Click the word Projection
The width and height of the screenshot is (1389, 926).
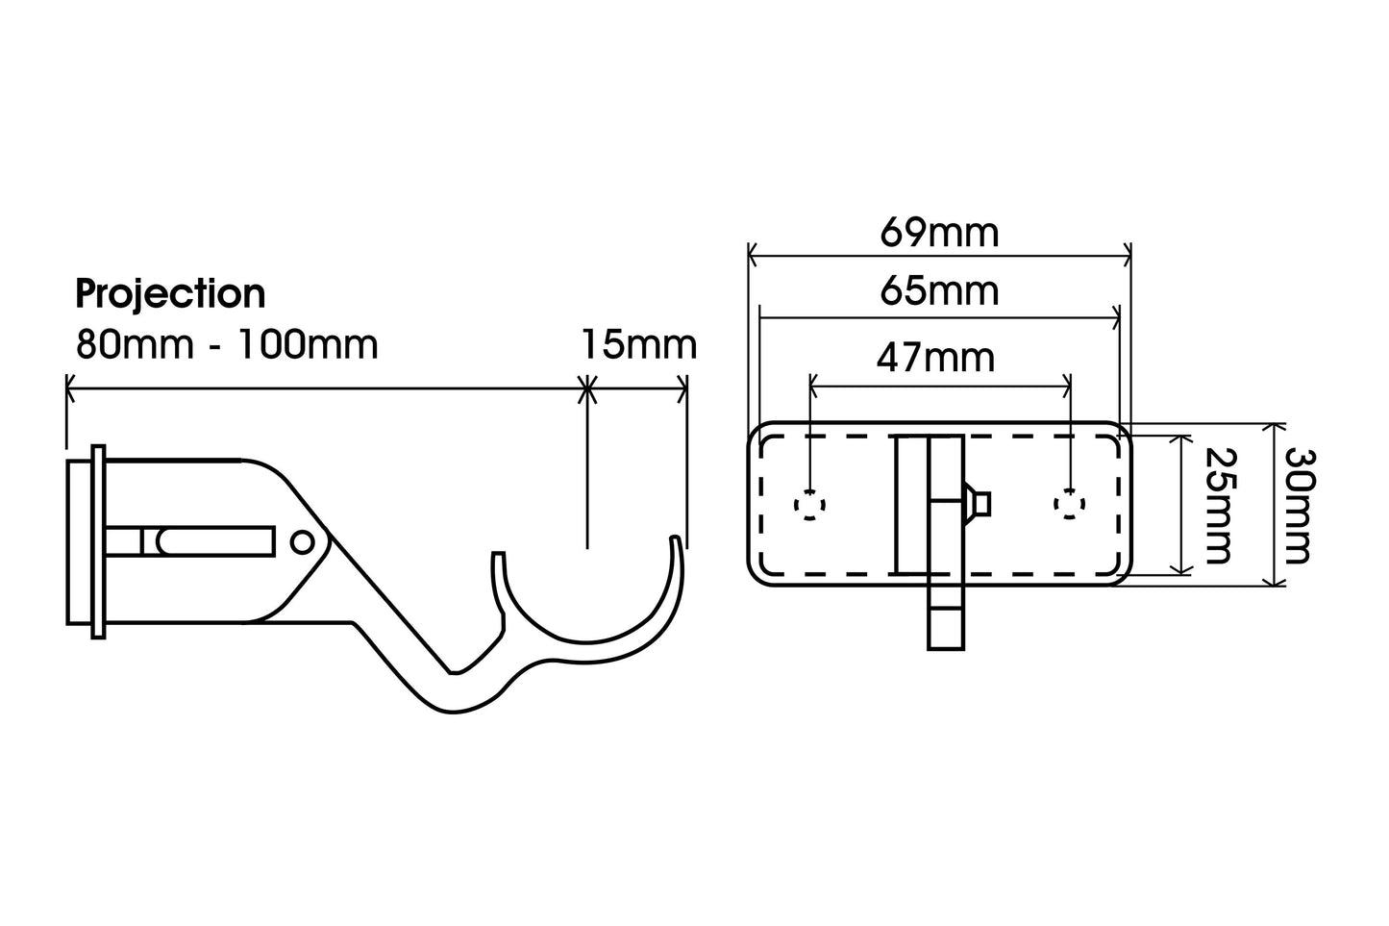click(170, 294)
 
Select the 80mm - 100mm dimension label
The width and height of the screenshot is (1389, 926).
click(227, 344)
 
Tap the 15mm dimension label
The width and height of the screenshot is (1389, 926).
click(638, 344)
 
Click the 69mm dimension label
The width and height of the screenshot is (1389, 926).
click(939, 233)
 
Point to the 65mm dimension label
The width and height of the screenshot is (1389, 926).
click(939, 290)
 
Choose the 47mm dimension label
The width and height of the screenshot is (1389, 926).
click(935, 358)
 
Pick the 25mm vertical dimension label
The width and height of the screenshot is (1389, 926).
click(1217, 504)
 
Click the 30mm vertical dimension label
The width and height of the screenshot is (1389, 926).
click(1298, 504)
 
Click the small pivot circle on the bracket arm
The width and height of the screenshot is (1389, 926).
click(302, 541)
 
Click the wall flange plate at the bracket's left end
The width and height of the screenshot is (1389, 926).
click(97, 540)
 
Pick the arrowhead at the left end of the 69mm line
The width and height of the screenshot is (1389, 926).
click(753, 257)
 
